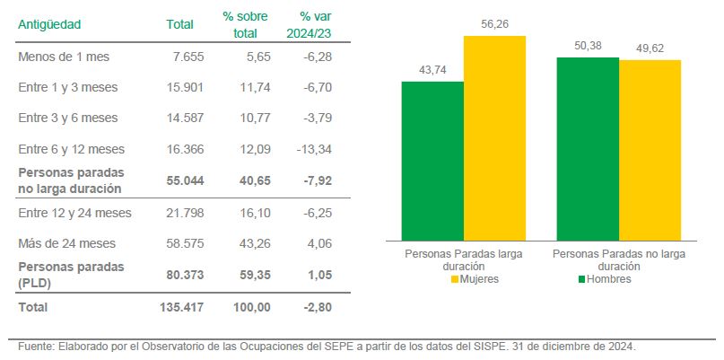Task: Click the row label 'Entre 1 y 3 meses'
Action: click(68, 87)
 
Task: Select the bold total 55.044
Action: click(185, 180)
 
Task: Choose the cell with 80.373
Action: click(185, 275)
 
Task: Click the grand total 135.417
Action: click(181, 307)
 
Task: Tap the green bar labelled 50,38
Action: click(588, 148)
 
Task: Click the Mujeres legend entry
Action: click(475, 279)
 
